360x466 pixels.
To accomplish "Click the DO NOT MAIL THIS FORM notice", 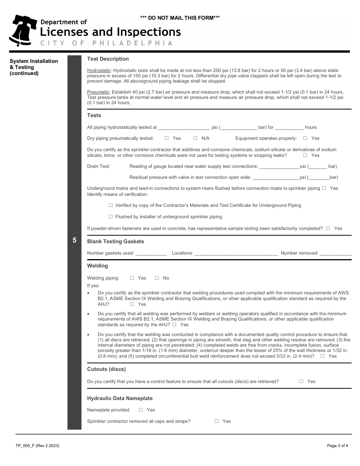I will coord(180,18).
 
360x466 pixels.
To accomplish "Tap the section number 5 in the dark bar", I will coord(74,240).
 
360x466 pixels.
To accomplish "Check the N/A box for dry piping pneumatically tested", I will coord(196,138).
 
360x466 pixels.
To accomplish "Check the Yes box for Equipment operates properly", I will coord(305,138).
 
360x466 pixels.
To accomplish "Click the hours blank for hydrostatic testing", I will coord(289,128).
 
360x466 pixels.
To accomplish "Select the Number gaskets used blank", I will coord(151,253).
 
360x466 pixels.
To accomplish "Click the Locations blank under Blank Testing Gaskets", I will coord(236,253).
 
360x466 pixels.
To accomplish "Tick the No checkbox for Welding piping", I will coord(157,278).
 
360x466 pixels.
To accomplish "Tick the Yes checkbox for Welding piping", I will coord(132,278).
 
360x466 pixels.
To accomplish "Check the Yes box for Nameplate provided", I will coord(141,410).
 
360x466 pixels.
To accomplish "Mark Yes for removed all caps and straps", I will coord(217,421).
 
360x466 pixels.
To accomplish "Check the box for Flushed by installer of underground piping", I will coord(111,217).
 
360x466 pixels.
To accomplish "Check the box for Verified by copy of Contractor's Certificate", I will coord(111,205).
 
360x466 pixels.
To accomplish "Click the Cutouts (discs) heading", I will coord(106,369).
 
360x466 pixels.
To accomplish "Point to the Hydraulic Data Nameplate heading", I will coord(120,398).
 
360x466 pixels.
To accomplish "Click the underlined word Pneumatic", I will coord(98,92).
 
